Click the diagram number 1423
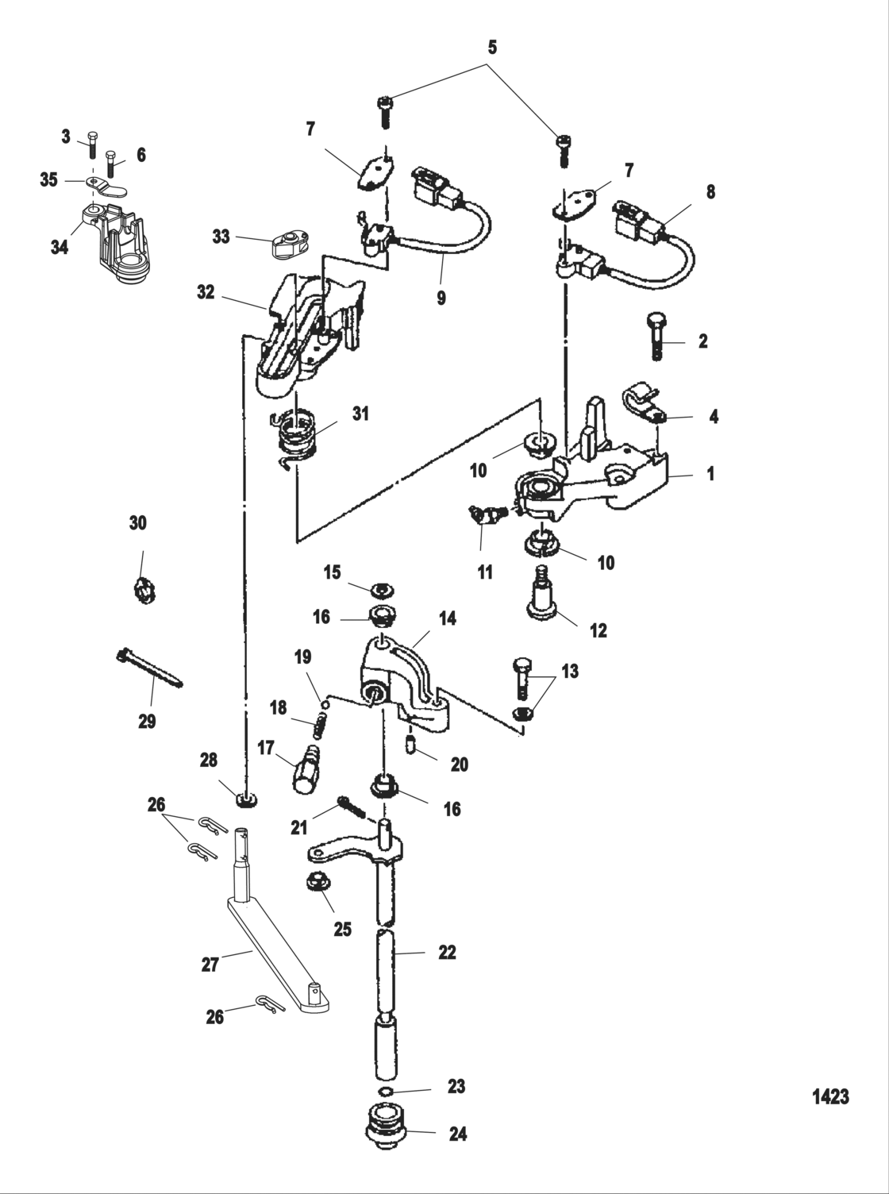[830, 1096]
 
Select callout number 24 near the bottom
[457, 1134]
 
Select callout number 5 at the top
[491, 48]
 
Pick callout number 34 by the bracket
[59, 247]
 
